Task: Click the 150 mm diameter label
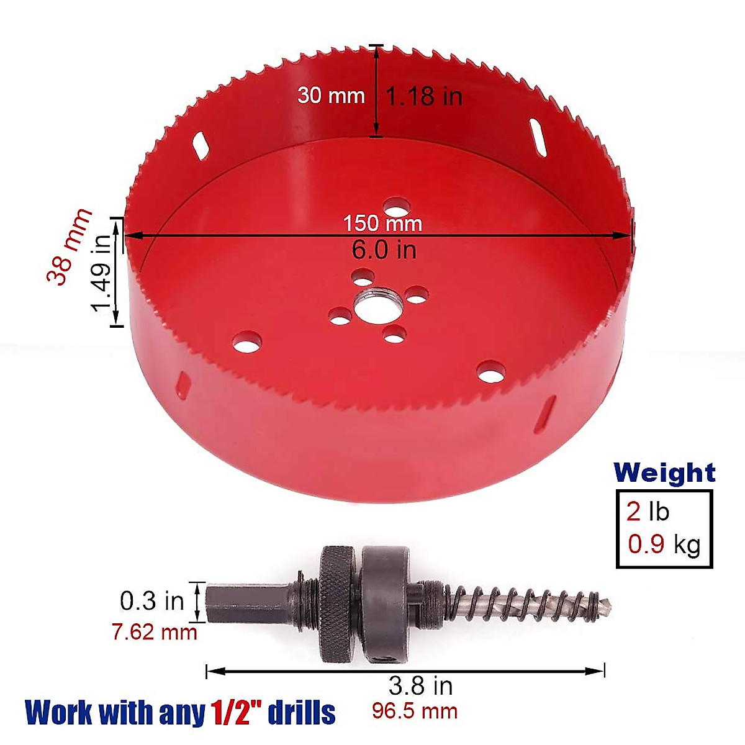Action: tap(382, 223)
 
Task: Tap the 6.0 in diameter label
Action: tap(384, 250)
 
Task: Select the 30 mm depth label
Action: tap(330, 96)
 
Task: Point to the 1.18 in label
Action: tap(425, 96)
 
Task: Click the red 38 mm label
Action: tap(70, 246)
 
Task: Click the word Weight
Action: tap(664, 473)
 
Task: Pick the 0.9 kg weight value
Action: tap(664, 544)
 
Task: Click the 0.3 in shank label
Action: tap(152, 600)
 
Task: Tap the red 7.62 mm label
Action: tap(155, 632)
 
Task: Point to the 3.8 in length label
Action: tap(420, 686)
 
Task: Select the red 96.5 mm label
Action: tap(415, 711)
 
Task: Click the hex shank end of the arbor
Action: tap(214, 601)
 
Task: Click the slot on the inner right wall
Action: tap(538, 133)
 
